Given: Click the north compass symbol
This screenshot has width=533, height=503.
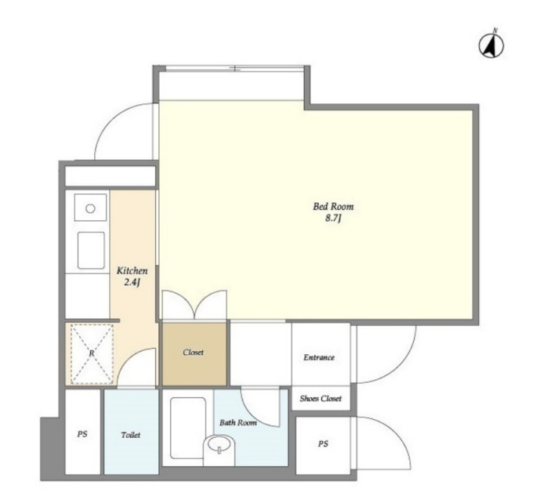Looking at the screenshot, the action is click(x=491, y=45).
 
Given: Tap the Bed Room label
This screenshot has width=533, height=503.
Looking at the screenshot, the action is click(x=333, y=206).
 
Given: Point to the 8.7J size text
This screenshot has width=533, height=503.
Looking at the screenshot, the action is click(x=333, y=218).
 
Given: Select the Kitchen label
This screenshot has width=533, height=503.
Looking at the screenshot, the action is click(x=132, y=270).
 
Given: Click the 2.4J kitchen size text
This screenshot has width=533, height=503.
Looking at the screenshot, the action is click(x=132, y=282).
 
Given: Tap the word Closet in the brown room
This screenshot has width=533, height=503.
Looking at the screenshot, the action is click(x=193, y=352).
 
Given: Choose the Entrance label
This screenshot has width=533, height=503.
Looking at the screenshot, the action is click(x=319, y=357).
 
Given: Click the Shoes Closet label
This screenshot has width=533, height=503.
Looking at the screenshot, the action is click(x=321, y=398).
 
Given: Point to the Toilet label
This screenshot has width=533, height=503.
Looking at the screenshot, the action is click(x=131, y=435).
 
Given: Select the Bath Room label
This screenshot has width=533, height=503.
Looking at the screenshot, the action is click(x=238, y=423).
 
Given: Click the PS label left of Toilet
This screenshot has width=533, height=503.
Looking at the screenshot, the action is click(x=82, y=434).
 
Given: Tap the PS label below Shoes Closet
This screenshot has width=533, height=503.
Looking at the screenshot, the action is click(x=323, y=443).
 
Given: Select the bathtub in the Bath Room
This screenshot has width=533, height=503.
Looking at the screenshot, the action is click(x=188, y=429).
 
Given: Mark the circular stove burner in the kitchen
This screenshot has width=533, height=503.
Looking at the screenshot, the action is click(x=90, y=208).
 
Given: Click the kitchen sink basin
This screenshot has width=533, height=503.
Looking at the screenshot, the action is click(x=91, y=251).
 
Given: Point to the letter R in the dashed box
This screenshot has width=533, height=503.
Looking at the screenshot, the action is click(x=92, y=353).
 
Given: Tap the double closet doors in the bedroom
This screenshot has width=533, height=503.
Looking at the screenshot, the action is click(x=194, y=305).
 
